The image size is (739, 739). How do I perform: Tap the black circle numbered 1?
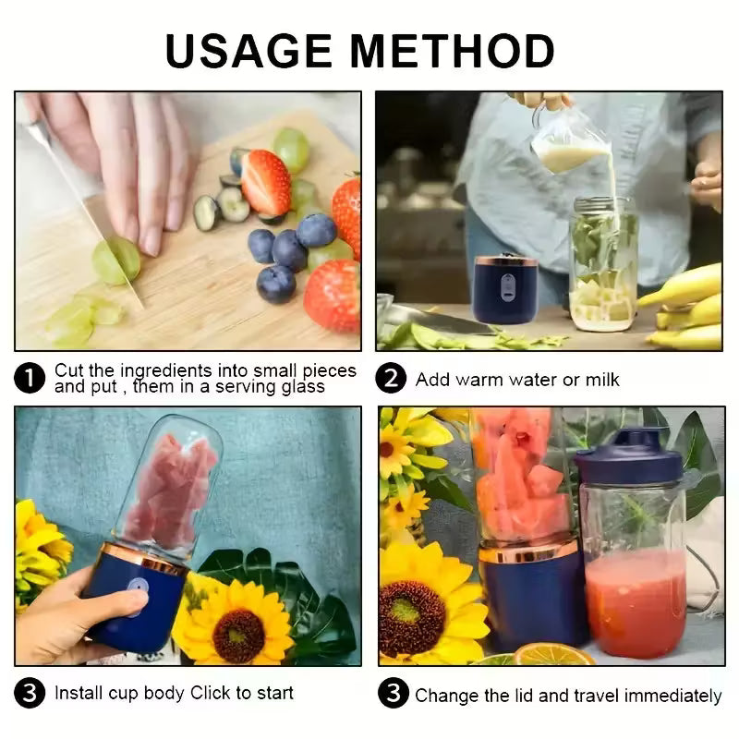coord(30,378)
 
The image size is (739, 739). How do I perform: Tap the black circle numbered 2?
coord(391,379)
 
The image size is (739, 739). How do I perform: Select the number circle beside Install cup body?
coord(30,694)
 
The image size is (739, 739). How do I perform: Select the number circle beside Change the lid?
coord(394,694)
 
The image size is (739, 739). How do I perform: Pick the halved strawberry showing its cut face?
coord(266,181)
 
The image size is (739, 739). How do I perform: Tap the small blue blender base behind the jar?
coord(506,290)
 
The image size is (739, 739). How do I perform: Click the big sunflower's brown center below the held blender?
coord(238,635)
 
